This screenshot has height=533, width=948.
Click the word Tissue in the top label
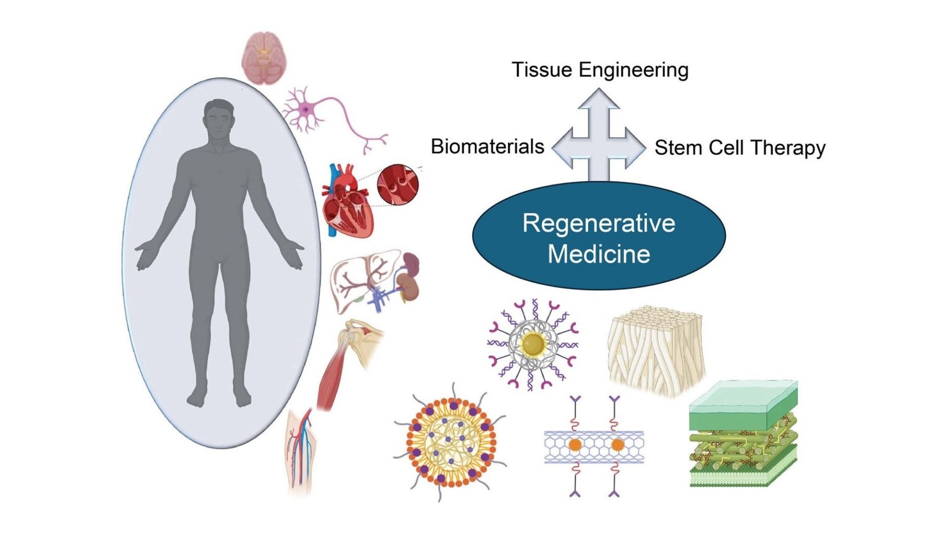[542, 70]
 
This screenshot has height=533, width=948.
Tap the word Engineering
[633, 71]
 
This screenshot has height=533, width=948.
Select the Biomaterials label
[487, 147]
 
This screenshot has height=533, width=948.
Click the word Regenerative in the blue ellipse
[599, 223]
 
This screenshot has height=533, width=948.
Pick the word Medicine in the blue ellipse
[599, 254]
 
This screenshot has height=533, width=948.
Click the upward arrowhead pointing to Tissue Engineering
[599, 98]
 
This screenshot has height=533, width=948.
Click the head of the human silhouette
[219, 118]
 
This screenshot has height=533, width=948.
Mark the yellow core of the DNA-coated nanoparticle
[533, 344]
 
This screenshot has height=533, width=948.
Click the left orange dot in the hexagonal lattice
[575, 445]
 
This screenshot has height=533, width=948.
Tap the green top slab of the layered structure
[743, 402]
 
